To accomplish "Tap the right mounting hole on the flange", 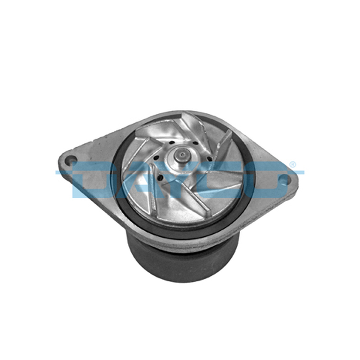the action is (284, 179).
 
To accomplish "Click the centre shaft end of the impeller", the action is (182, 156).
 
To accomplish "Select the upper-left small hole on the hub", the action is (171, 143).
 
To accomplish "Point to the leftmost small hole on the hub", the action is (157, 158).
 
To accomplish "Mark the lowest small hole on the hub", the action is (161, 177).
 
